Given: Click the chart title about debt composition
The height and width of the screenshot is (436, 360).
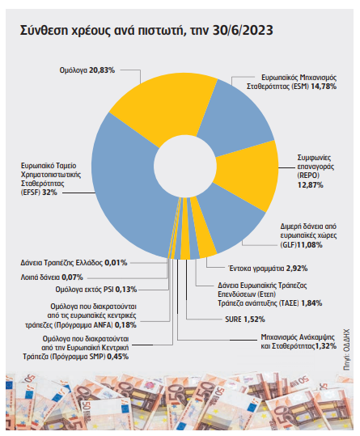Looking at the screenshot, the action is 146,30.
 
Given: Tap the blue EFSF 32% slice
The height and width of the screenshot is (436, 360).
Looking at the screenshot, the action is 128,189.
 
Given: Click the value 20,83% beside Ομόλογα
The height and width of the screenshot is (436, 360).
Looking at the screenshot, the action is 102,70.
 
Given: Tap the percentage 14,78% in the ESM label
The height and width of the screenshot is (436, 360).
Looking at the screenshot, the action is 324,87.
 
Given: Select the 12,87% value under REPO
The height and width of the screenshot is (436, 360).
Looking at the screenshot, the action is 311,185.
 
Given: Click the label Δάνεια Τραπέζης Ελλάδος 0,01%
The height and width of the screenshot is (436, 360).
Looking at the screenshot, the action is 74,262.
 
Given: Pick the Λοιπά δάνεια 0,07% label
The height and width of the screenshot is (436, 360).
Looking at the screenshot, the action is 52,277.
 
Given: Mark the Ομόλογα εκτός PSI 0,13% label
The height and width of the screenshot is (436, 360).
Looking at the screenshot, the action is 96,290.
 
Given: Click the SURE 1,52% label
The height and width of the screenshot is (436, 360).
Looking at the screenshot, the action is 245,320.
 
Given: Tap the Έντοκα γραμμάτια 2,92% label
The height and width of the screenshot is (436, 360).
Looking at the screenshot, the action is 268,269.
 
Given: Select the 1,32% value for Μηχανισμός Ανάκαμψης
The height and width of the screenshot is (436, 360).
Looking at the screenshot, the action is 326,346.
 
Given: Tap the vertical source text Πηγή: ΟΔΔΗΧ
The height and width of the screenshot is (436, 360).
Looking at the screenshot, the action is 346,349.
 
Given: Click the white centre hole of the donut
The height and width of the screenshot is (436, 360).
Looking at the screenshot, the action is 185,167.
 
